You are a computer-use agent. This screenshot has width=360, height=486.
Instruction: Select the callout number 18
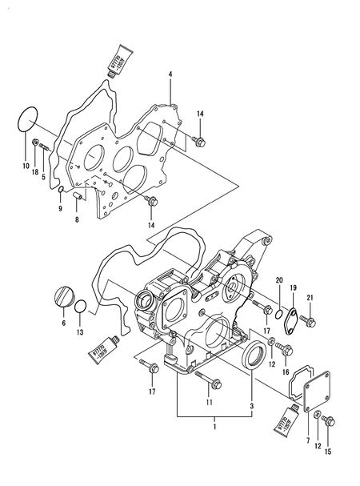coord(34,173)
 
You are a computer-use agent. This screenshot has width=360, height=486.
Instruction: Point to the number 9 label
coord(59,210)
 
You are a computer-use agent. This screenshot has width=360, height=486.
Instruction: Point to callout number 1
coord(214,430)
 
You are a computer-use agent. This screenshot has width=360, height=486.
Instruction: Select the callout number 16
coord(285,372)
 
